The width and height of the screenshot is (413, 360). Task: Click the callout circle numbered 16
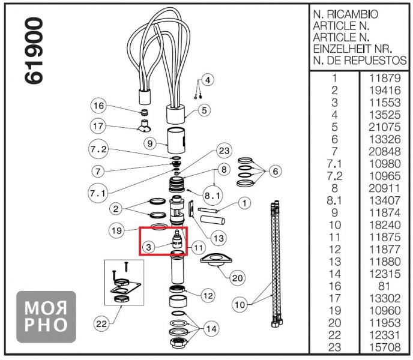(x=99, y=106)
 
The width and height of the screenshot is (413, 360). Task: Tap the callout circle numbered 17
(x=99, y=126)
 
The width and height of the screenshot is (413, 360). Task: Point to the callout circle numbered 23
(x=224, y=151)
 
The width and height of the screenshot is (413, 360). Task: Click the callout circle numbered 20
(x=238, y=278)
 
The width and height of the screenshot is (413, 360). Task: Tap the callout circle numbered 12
(x=208, y=295)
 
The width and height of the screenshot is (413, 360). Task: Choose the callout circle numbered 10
(x=240, y=305)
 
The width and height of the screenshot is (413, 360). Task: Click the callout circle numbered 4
(x=208, y=80)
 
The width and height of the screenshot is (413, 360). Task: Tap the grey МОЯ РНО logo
(x=46, y=316)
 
